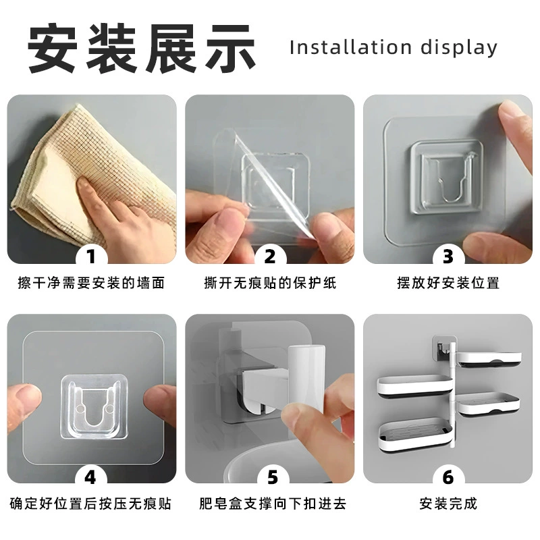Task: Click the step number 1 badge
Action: click(91, 256)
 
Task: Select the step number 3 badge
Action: click(448, 256)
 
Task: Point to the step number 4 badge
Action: click(90, 477)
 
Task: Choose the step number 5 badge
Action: click(273, 477)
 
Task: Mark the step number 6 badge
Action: click(448, 477)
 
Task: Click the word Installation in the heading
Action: click(350, 47)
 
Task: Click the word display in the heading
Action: click(459, 48)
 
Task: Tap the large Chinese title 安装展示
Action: click(142, 48)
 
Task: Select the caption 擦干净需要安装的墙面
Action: click(91, 283)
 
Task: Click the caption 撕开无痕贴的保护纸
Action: click(270, 283)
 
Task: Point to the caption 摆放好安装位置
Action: click(448, 283)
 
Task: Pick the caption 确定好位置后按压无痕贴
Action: click(90, 504)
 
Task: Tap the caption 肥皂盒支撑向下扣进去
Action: click(273, 504)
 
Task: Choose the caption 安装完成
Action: click(448, 504)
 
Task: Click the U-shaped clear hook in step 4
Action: click(94, 406)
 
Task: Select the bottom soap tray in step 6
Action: click(415, 435)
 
